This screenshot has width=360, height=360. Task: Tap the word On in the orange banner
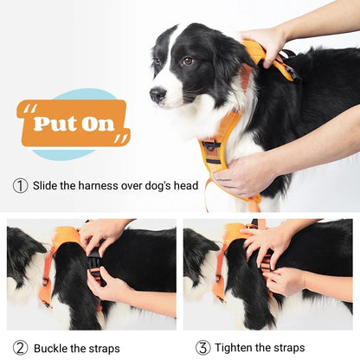(98, 123)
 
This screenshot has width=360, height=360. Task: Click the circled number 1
(20, 185)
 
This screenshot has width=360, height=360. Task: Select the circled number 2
(20, 347)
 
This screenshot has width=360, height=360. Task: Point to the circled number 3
(202, 347)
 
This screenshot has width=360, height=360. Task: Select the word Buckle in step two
(54, 347)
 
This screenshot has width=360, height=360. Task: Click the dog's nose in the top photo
(155, 94)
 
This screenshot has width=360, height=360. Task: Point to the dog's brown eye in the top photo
(187, 61)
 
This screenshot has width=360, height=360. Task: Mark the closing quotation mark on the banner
(120, 138)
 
